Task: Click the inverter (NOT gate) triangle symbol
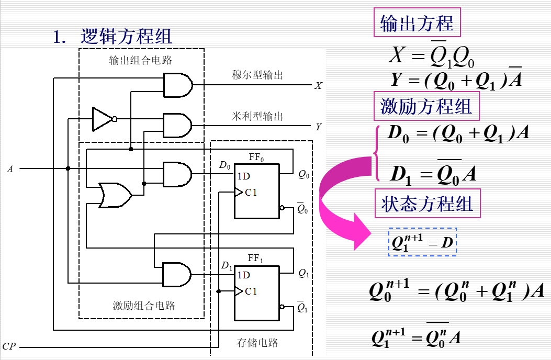(102, 119)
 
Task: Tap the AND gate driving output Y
(177, 126)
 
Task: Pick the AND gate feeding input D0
(177, 174)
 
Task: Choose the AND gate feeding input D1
(177, 274)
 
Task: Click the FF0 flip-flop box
(256, 191)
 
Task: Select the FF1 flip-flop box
(256, 290)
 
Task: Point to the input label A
(10, 169)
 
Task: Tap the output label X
(318, 85)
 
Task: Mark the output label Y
(318, 127)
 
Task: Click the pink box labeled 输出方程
(417, 23)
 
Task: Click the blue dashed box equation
(422, 242)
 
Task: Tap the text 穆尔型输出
(257, 75)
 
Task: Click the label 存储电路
(257, 343)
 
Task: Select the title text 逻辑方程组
(126, 36)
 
